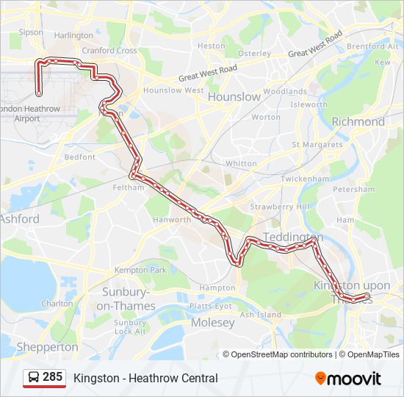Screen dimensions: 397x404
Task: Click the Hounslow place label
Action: [234, 96]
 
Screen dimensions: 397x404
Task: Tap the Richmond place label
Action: [358, 121]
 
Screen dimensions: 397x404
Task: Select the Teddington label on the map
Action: [292, 237]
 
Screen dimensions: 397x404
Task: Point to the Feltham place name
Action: [129, 187]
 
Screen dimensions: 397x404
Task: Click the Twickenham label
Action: [304, 179]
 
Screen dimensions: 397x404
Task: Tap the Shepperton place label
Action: [47, 346]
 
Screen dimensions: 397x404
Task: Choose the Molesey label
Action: [212, 323]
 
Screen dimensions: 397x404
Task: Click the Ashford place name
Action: [20, 219]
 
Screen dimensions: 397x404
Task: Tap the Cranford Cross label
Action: [109, 51]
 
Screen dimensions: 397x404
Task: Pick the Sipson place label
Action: [31, 32]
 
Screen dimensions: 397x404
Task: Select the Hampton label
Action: [217, 287]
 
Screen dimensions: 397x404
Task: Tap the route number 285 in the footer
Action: [52, 377]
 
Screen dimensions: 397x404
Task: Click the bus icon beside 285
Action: [34, 378]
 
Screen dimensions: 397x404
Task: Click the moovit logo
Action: [348, 379]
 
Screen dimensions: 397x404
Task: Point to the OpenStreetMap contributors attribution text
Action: [282, 354]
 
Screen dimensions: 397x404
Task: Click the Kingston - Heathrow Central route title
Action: [145, 378]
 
